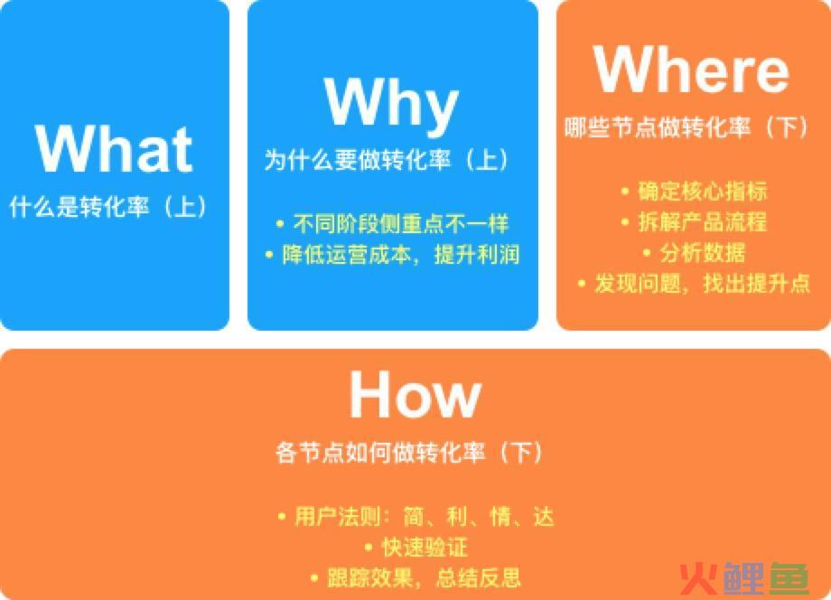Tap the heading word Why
tap(391, 104)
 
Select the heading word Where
tap(692, 69)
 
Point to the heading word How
tap(415, 394)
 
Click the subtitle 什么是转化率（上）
tap(108, 206)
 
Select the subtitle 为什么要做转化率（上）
tap(387, 159)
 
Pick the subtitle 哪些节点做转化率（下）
tap(687, 127)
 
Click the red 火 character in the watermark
tap(698, 578)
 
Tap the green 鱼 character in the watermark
tap(789, 578)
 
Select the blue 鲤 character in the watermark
tap(743, 578)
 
